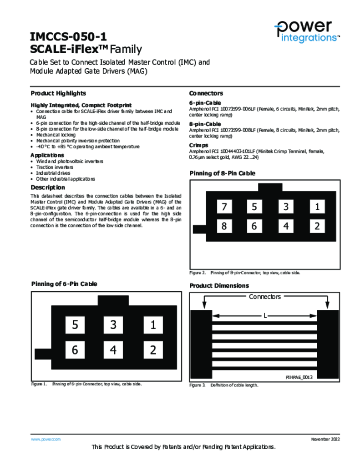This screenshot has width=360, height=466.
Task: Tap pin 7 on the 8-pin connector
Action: [224, 207]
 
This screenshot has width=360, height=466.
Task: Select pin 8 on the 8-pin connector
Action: [224, 226]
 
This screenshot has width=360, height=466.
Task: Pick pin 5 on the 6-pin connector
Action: [75, 324]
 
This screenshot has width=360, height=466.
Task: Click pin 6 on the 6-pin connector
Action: [75, 349]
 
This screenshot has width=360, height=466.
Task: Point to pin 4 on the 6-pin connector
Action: [113, 349]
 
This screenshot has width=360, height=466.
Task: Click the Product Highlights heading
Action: [58, 93]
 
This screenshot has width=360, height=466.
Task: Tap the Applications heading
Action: [47, 155]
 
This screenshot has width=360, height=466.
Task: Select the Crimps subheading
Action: [199, 145]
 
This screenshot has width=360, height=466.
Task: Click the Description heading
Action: [48, 187]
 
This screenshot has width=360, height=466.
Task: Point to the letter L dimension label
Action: [265, 315]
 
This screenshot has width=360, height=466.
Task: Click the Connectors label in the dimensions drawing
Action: [265, 297]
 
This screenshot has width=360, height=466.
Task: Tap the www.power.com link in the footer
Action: [46, 439]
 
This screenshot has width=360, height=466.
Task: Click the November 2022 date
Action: [325, 439]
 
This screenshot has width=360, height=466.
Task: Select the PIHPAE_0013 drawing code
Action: [299, 377]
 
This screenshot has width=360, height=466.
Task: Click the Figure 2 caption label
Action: [198, 273]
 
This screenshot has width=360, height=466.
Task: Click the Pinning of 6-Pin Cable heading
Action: [64, 284]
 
